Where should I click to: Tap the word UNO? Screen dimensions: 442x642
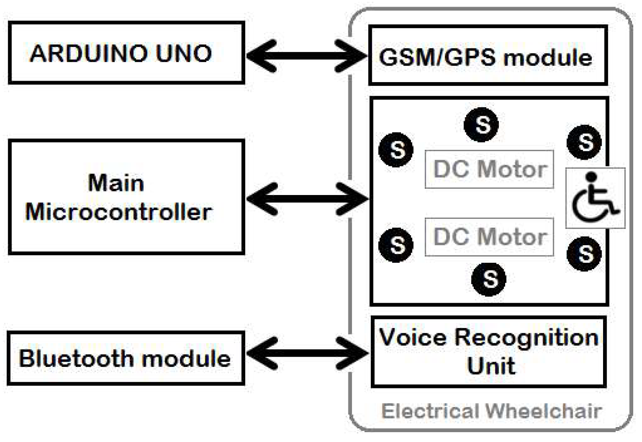click(183, 54)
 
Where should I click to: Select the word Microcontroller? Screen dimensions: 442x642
click(118, 212)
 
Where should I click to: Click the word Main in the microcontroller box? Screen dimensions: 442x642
click(116, 183)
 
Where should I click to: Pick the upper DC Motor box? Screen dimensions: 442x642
click(489, 169)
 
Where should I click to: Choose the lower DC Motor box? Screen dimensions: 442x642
click(489, 237)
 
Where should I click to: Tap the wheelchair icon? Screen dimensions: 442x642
click(595, 198)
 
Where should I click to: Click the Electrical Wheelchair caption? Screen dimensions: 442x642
click(491, 411)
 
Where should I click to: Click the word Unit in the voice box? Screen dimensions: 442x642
click(491, 366)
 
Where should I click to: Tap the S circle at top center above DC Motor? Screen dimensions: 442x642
click(481, 125)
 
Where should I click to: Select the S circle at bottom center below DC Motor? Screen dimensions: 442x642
click(488, 279)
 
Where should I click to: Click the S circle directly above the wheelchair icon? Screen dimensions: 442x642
click(584, 142)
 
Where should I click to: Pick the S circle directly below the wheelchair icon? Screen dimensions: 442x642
click(584, 254)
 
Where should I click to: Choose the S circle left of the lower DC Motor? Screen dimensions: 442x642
click(396, 245)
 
